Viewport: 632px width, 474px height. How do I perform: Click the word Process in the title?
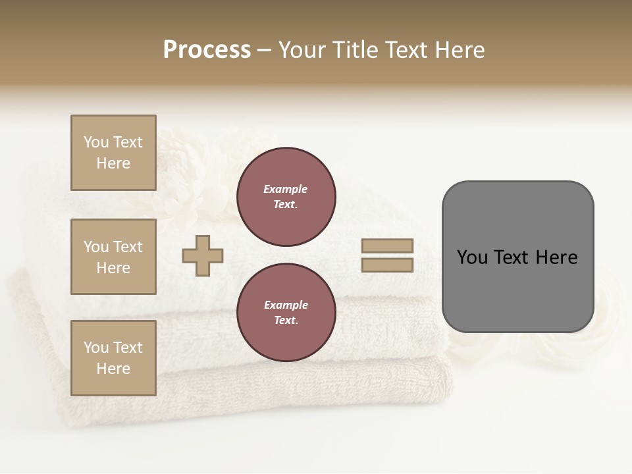pos(207,50)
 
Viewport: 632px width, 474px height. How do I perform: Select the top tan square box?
pos(113,153)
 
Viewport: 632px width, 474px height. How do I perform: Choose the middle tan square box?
pos(113,257)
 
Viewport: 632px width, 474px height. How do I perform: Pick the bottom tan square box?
pos(113,358)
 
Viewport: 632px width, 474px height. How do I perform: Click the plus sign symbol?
pos(203,256)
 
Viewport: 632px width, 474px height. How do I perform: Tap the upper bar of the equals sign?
pos(387,246)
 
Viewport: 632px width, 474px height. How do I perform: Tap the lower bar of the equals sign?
pos(387,265)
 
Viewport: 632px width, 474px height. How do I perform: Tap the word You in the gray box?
pos(472,257)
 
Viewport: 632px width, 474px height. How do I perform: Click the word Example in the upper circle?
pos(286,189)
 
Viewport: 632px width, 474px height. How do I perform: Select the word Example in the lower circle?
pos(286,305)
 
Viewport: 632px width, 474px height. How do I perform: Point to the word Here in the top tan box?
pos(113,163)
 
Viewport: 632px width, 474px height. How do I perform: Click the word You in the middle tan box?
pos(96,247)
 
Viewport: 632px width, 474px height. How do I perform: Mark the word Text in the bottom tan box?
pos(128,348)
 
